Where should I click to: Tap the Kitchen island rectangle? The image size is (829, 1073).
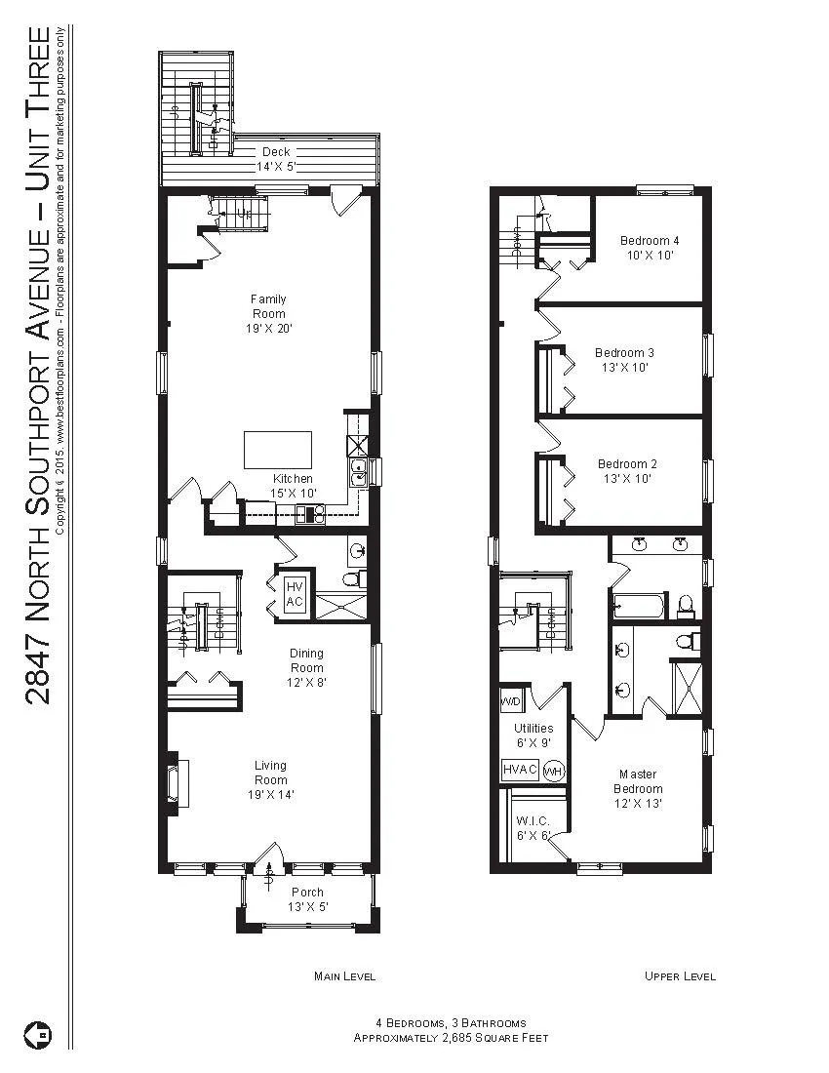point(277,450)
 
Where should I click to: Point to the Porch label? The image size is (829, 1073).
point(307,892)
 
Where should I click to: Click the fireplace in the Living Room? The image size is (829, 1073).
point(178,781)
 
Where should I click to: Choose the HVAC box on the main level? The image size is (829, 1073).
point(294,594)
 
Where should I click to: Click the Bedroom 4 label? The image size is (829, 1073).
point(650,240)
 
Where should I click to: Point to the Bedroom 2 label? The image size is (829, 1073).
point(627,463)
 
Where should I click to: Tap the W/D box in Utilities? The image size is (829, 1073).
point(510,701)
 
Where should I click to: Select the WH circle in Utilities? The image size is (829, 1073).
point(553,771)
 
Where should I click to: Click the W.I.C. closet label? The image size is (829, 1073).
point(533,820)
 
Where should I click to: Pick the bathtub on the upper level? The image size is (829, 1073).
point(639,607)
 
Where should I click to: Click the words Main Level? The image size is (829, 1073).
point(344,976)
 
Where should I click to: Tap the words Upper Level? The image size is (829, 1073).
point(680,976)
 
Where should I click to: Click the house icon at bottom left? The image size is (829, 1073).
point(38,1033)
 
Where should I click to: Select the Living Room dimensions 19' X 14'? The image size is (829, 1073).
point(270,794)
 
